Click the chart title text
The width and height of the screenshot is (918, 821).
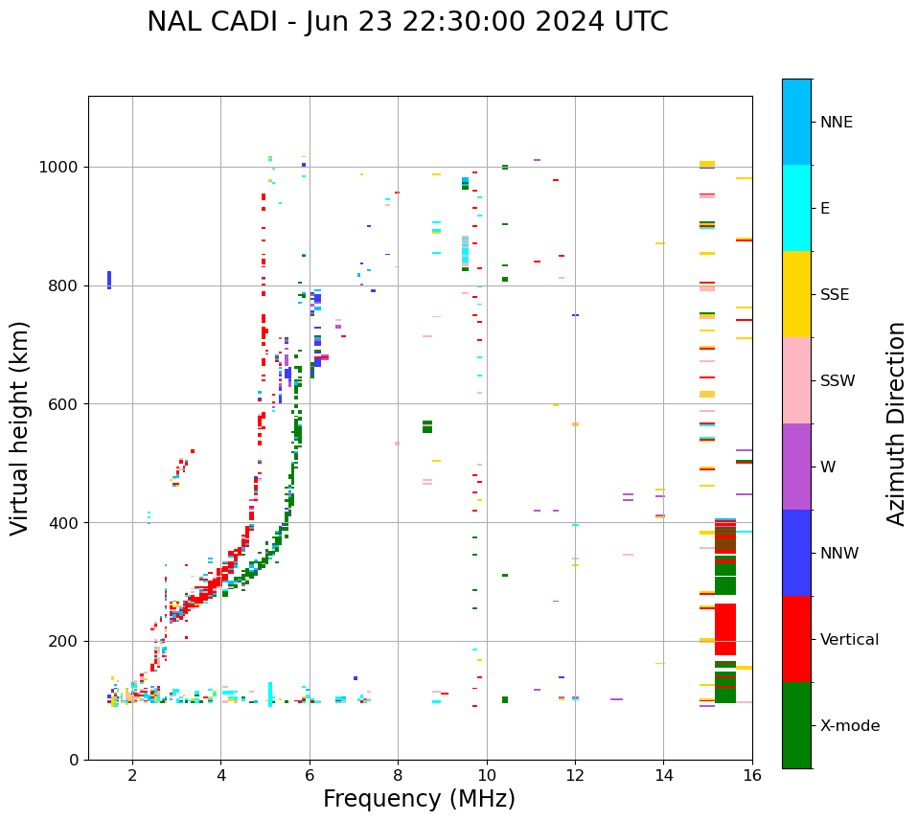coord(407,22)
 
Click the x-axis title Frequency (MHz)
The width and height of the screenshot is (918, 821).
coord(419,799)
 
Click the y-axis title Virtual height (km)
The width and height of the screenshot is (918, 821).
coord(20,427)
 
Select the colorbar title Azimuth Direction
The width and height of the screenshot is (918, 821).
coord(896,422)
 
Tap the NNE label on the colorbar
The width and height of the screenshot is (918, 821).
coord(836,123)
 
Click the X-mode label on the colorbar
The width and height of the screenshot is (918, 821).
coord(849,726)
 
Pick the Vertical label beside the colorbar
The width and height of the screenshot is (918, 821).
coord(849,640)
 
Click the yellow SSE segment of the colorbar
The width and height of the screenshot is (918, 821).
coord(796,294)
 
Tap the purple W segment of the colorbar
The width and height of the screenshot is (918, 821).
coord(796,467)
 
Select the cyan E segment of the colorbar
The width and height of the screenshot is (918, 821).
coord(796,208)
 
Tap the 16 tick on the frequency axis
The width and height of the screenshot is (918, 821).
coord(752,775)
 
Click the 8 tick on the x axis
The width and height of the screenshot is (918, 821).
coord(398,775)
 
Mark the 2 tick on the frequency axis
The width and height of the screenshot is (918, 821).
coord(132,775)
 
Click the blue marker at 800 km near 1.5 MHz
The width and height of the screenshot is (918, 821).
coord(109,280)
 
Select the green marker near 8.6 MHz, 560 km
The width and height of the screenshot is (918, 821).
coord(427,426)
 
